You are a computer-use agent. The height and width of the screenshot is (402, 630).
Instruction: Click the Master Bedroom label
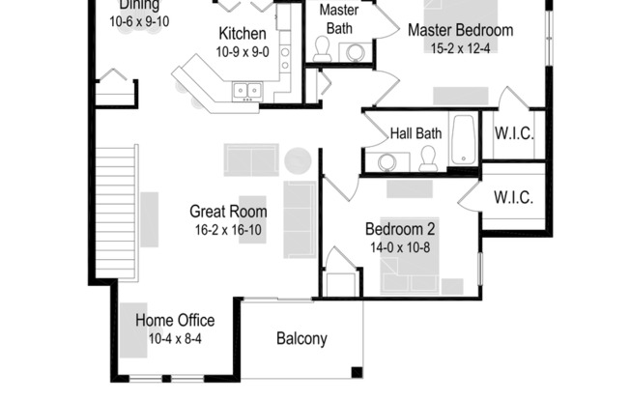tap(460, 30)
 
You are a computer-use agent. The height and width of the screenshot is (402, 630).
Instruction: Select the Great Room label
tap(228, 212)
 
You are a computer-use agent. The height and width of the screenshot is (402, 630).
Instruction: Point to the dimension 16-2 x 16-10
tap(228, 229)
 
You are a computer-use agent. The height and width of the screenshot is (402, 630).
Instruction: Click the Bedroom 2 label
tap(400, 230)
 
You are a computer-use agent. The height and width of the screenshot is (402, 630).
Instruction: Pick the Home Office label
tap(175, 321)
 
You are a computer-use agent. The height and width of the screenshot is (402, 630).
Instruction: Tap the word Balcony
tap(301, 339)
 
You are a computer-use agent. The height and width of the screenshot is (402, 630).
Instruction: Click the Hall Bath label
tap(415, 133)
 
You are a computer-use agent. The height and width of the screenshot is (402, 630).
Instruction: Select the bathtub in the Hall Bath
tap(464, 141)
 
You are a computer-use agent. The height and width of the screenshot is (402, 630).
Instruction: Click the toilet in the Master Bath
tap(323, 50)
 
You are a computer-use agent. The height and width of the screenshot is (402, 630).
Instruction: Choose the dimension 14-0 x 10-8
tap(400, 247)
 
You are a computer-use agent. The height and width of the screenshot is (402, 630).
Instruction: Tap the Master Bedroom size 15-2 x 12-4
tap(460, 47)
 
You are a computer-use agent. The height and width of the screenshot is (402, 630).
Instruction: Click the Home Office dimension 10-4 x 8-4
tap(175, 338)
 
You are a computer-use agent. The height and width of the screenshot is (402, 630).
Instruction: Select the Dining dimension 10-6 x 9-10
tap(139, 20)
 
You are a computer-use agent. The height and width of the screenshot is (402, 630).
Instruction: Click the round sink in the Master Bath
tap(356, 52)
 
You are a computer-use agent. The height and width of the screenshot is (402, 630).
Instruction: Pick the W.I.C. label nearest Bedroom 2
tap(513, 197)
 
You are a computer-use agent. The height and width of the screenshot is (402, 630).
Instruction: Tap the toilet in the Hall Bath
tap(428, 159)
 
